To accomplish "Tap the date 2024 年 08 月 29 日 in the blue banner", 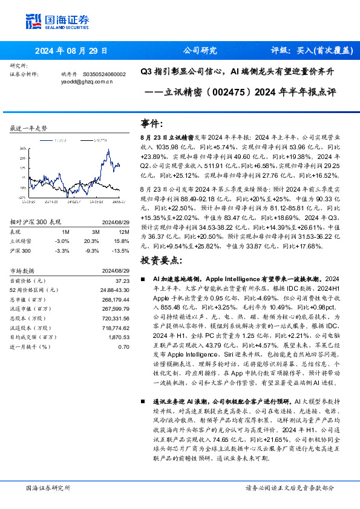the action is [x=71, y=51].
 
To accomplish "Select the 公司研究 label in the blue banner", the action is [x=199, y=51].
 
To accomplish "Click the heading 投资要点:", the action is [x=160, y=261].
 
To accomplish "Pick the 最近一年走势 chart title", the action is [x=29, y=129].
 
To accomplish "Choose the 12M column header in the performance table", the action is [x=124, y=231].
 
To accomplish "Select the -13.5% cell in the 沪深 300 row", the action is [x=123, y=249].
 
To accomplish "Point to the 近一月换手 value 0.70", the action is [x=124, y=346].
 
